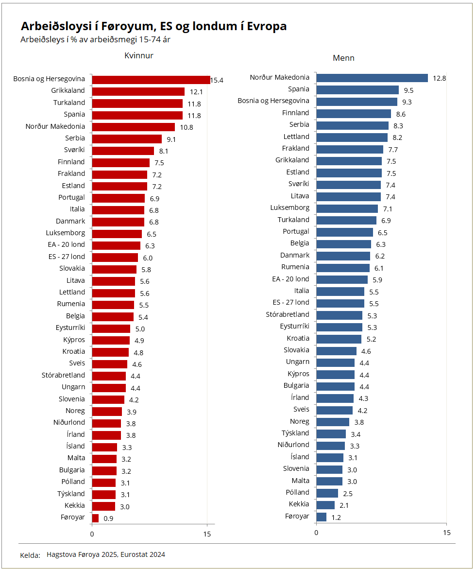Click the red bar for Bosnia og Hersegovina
click(151, 80)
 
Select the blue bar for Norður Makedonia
click(372, 78)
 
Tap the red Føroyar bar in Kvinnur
click(95, 518)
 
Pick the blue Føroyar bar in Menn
click(321, 517)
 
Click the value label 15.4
click(217, 80)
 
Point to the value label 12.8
click(440, 78)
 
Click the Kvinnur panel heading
click(139, 56)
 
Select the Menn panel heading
click(343, 58)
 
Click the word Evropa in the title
click(267, 26)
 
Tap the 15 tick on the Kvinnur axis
click(207, 535)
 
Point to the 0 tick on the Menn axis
click(316, 533)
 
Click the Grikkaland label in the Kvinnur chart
click(68, 91)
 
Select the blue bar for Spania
click(357, 90)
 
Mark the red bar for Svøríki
click(123, 151)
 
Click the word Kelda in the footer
click(30, 555)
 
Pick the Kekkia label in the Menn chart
click(299, 504)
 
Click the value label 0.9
click(109, 518)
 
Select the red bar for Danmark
click(118, 222)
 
